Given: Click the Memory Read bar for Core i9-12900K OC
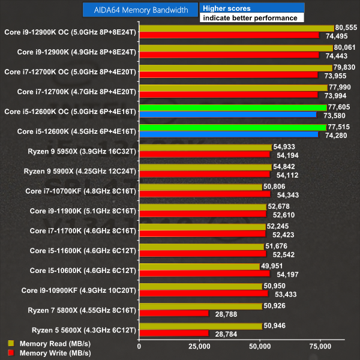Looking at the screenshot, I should [x=236, y=28].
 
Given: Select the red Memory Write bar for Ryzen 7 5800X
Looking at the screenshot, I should [x=174, y=313].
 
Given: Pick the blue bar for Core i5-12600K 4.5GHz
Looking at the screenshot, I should [x=229, y=134].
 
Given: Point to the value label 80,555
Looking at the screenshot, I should [x=346, y=28].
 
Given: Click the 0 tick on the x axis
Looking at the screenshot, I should [x=139, y=346].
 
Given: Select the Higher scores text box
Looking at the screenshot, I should [x=252, y=8].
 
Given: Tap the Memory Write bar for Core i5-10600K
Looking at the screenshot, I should [x=205, y=273].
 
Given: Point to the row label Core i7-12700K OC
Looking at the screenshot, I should [x=70, y=71].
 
